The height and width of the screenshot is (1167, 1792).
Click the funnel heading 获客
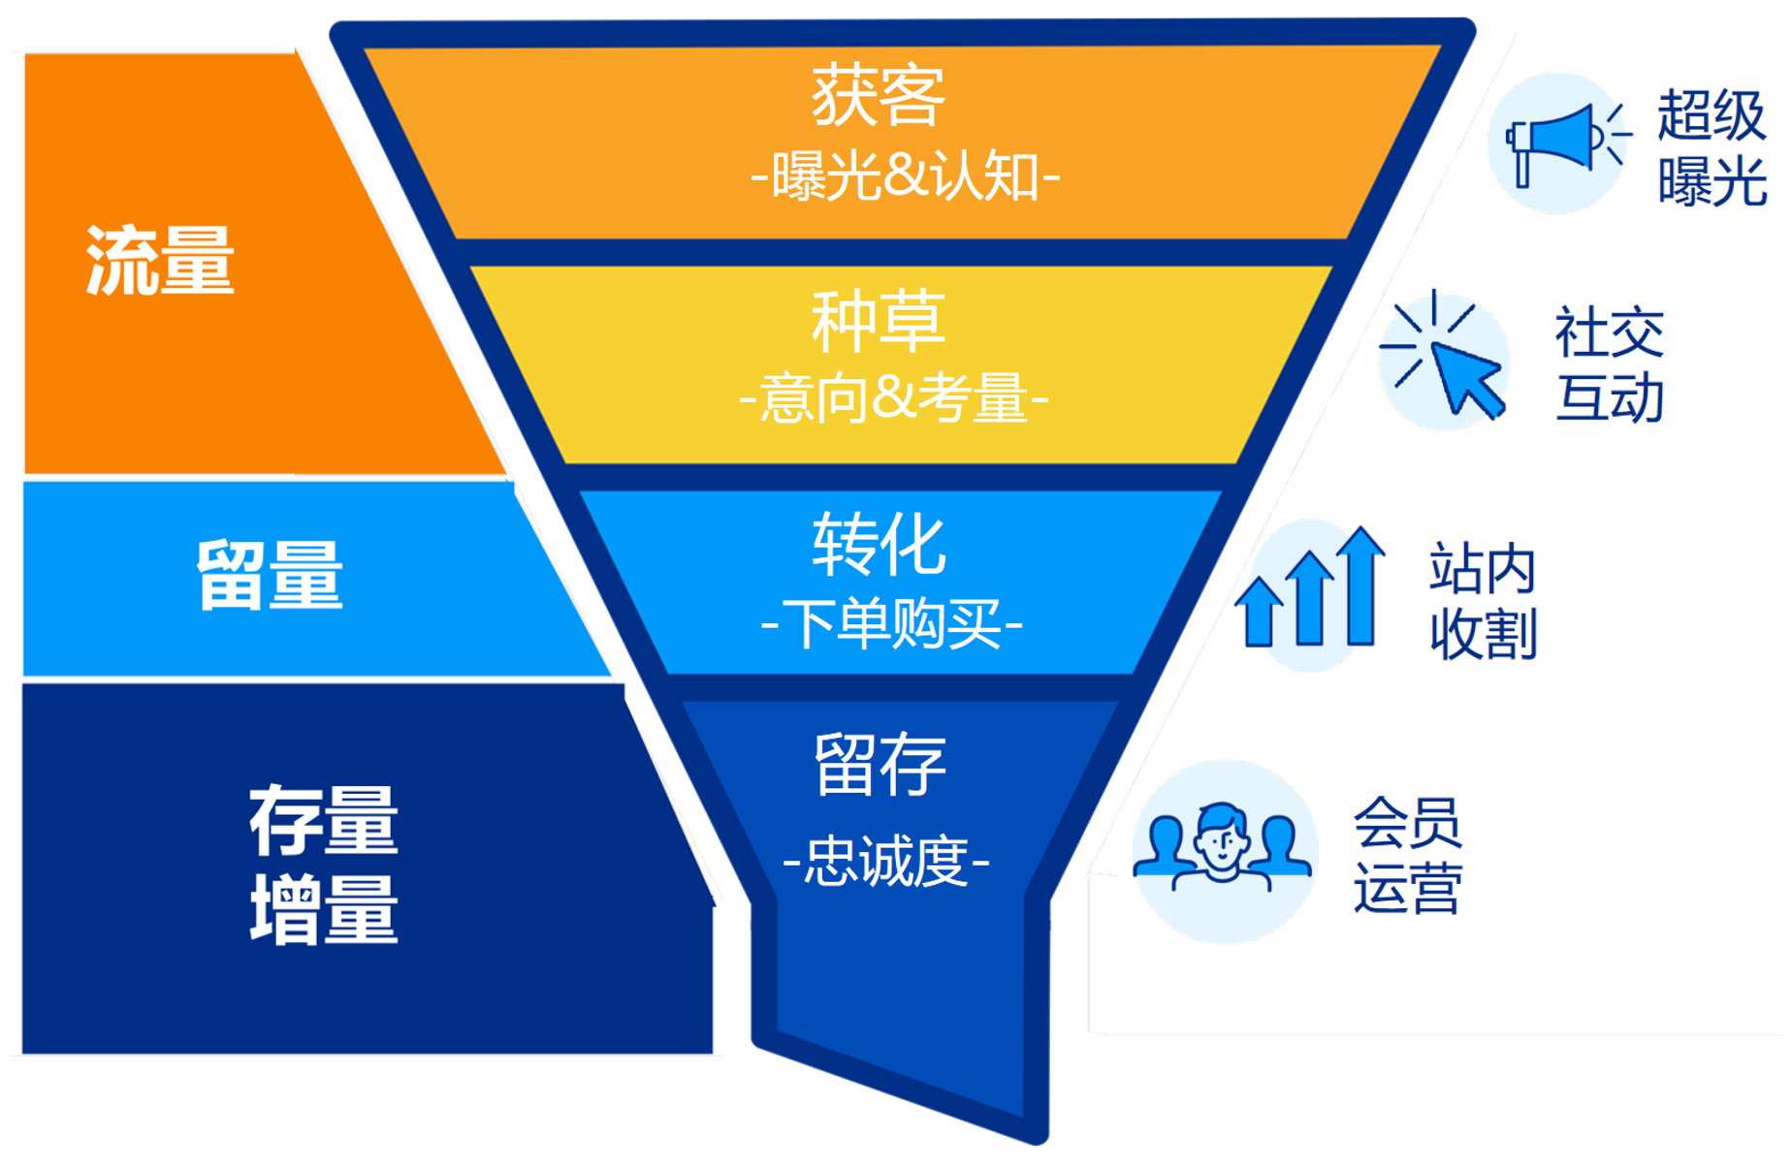[x=878, y=96]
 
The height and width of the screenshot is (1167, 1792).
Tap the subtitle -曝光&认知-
[x=906, y=177]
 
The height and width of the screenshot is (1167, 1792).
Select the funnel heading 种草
[x=878, y=321]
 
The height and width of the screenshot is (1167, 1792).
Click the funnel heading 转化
[x=879, y=545]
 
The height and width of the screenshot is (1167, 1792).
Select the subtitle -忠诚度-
[x=886, y=862]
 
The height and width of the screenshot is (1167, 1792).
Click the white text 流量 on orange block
[x=160, y=260]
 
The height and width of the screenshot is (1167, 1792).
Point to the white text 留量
[x=270, y=575]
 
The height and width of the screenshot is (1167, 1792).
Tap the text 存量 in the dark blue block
[x=324, y=820]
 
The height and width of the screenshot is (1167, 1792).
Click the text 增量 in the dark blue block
[x=324, y=909]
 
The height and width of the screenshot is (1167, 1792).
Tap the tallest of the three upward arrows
[x=1361, y=586]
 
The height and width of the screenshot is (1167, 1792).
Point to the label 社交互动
[x=1610, y=364]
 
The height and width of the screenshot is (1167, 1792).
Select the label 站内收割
[x=1484, y=601]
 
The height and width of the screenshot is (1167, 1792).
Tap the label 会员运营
[x=1408, y=856]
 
